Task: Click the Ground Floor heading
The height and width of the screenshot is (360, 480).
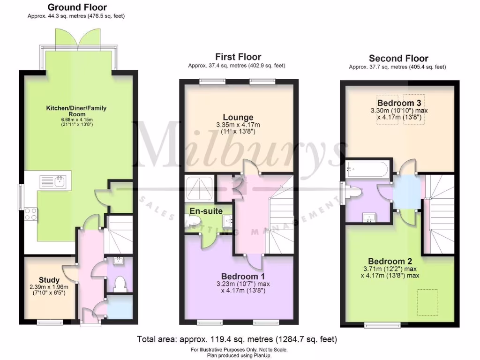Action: pos(77,7)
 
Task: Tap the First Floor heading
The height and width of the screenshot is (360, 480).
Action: pos(238,57)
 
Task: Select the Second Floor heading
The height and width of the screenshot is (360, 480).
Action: pos(398,59)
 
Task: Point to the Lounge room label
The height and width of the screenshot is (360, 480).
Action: pos(238,117)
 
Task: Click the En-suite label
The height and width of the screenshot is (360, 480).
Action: pos(206,211)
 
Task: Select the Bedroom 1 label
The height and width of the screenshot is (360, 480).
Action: pos(240,276)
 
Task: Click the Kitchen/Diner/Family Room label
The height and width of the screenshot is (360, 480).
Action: pos(76,111)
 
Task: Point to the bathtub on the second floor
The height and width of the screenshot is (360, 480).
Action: pos(367,169)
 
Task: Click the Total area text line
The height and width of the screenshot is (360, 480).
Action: pos(237,339)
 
